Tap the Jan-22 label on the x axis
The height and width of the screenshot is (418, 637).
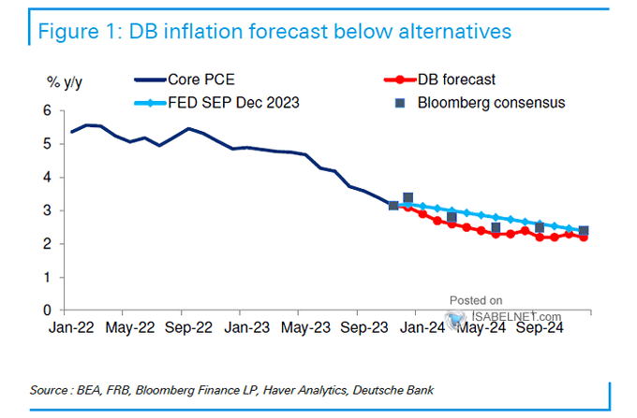(71, 328)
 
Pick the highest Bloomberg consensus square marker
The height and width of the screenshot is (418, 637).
(407, 198)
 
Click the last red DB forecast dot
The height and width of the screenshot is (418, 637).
(585, 238)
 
